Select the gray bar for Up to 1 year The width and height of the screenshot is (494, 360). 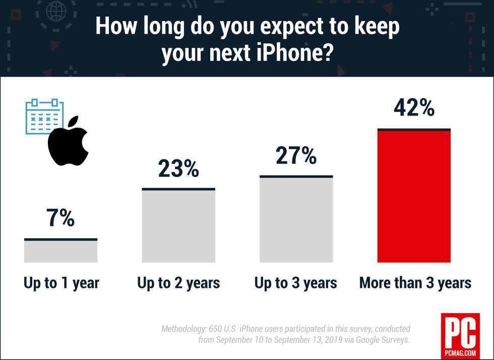[x=60, y=251]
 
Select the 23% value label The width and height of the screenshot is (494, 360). [x=178, y=169]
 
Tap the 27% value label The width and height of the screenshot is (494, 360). [x=296, y=156]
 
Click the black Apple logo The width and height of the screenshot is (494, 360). [x=68, y=143]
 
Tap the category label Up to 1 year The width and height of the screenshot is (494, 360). [x=61, y=283]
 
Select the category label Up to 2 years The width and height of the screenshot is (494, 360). [x=178, y=283]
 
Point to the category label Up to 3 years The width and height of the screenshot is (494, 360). [x=296, y=283]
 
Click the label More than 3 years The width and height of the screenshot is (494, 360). [x=415, y=283]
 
